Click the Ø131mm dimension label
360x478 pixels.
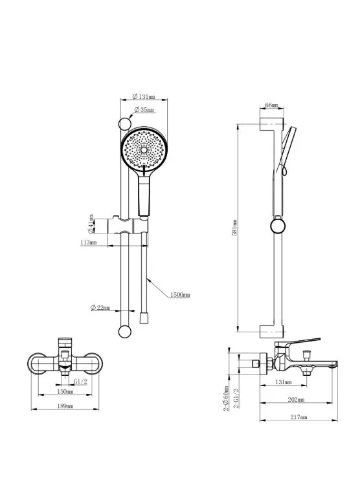[144, 96]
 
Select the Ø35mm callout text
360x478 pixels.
[144, 109]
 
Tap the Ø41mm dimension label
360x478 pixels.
[91, 223]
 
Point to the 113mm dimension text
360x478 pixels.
[89, 243]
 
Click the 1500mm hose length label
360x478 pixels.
[180, 295]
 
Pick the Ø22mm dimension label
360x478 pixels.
[100, 308]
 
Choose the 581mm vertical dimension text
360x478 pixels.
[234, 228]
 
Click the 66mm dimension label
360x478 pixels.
[271, 105]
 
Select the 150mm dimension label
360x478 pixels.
[65, 391]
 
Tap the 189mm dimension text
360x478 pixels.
[65, 406]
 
